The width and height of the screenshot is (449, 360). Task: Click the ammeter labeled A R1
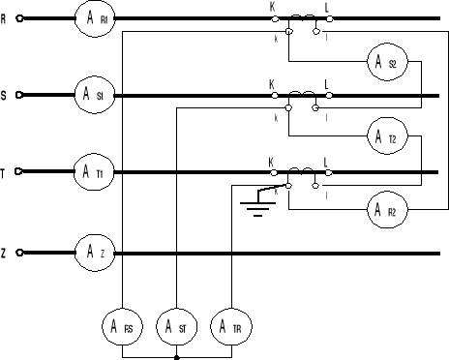tap(95, 18)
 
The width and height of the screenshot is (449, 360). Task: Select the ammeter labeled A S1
tap(95, 96)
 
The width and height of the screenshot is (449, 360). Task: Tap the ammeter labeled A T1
tap(95, 173)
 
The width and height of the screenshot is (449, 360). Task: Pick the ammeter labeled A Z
tap(95, 253)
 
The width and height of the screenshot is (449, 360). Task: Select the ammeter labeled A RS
tap(122, 326)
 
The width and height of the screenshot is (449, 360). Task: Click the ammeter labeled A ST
tap(176, 326)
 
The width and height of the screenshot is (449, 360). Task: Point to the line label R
tap(5, 18)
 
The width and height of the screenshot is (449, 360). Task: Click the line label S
tap(5, 96)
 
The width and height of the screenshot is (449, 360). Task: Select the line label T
tap(5, 174)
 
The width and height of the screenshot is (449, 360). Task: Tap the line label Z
tap(5, 254)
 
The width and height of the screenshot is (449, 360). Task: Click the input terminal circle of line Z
tap(21, 253)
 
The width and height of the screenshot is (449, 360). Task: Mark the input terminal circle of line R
tap(21, 18)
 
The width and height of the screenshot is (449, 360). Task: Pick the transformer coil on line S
tap(301, 95)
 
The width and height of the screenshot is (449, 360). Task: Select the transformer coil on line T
tap(301, 172)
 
